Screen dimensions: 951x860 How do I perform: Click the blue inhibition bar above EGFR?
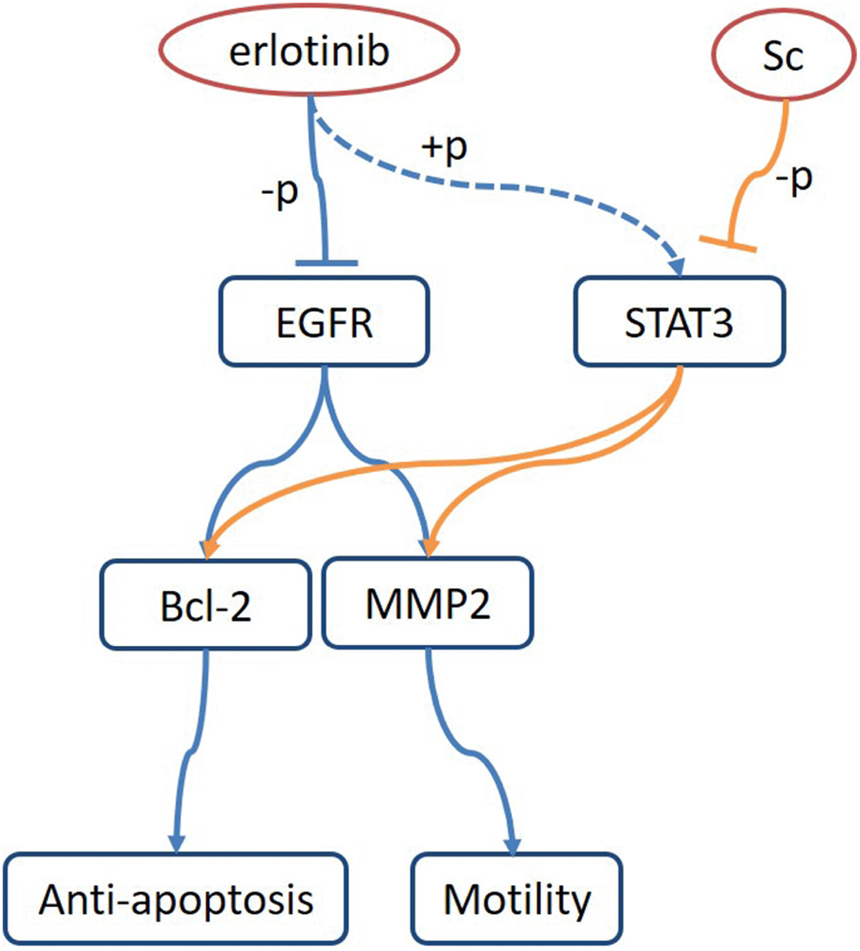(326, 264)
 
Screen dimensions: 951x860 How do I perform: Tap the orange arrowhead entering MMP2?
(432, 546)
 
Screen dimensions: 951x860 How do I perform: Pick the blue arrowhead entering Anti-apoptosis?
(175, 843)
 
